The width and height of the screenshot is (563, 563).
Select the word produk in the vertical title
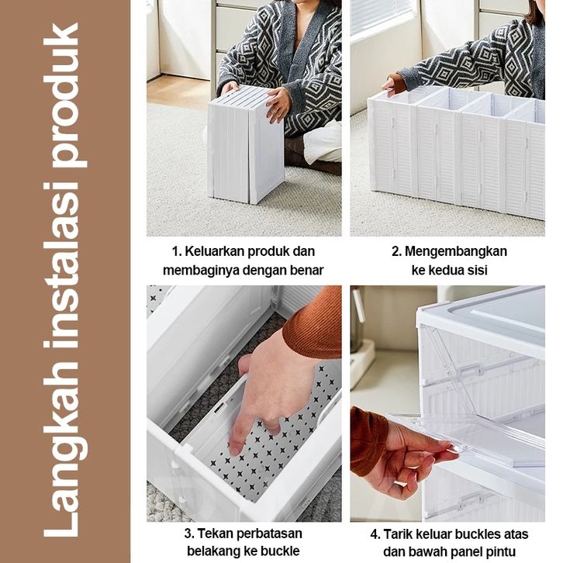click(65, 95)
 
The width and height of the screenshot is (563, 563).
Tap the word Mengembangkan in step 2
click(456, 252)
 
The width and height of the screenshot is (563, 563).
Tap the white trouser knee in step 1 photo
click(323, 143)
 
